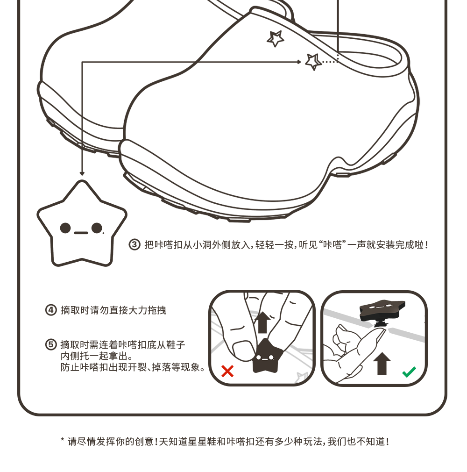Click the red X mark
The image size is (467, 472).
pyautogui.click(x=227, y=371)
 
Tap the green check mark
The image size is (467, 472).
pyautogui.click(x=409, y=372)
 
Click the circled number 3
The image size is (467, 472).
pyautogui.click(x=134, y=244)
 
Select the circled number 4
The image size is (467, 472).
pyautogui.click(x=50, y=310)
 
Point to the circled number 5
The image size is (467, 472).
pyautogui.click(x=50, y=345)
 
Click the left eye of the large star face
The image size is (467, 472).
pyautogui.click(x=66, y=228)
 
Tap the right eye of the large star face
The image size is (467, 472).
pyautogui.click(x=97, y=228)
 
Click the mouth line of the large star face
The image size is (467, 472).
pyautogui.click(x=81, y=232)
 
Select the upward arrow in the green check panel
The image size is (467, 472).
pyautogui.click(x=382, y=363)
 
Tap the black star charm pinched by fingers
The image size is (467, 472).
pyautogui.click(x=265, y=357)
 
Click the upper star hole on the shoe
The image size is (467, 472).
pyautogui.click(x=275, y=38)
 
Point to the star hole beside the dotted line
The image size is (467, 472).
pyautogui.click(x=313, y=61)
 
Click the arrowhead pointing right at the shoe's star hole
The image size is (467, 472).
pyautogui.click(x=299, y=62)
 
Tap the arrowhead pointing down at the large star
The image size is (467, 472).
pyautogui.click(x=82, y=173)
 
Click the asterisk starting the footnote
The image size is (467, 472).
pyautogui.click(x=63, y=440)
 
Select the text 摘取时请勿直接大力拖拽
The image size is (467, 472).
pyautogui.click(x=113, y=310)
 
